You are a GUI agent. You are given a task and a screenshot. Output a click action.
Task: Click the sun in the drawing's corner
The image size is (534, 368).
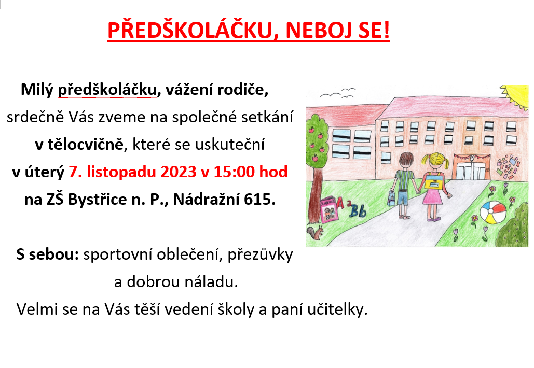[x=517, y=95]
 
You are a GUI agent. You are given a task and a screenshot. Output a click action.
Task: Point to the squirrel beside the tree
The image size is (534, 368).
[x=314, y=233]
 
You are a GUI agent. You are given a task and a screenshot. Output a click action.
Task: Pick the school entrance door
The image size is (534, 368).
[x=472, y=168]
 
